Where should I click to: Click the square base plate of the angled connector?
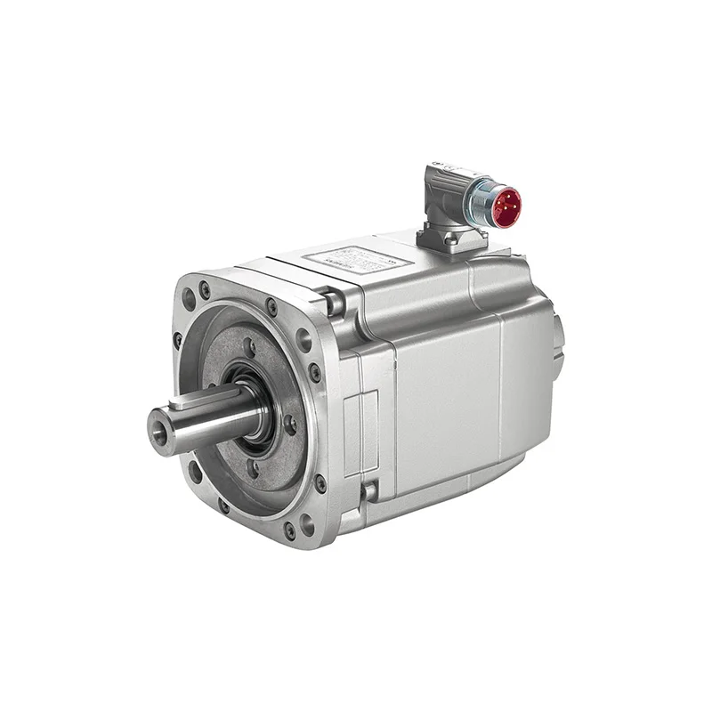pyautogui.click(x=453, y=238)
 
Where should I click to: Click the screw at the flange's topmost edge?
pyautogui.click(x=271, y=308)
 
